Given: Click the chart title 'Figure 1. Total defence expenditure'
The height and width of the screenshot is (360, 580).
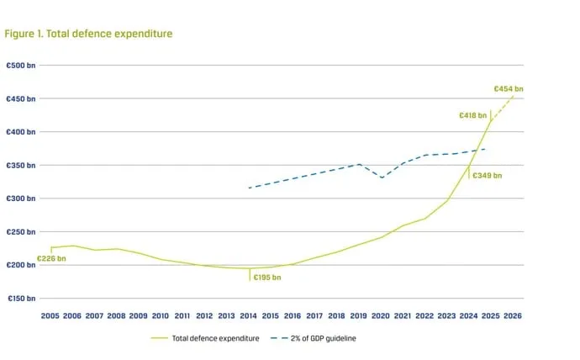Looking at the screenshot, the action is tap(88, 34).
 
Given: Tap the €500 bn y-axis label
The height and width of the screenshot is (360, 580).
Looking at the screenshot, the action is tap(21, 66).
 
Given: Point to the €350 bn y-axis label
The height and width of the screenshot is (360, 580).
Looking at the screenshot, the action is tap(21, 166).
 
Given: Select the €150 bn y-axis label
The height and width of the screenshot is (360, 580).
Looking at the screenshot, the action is tap(22, 299).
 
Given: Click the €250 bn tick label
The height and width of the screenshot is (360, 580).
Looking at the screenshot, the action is tap(21, 232).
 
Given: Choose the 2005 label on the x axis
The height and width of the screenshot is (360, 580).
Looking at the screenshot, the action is tap(50, 316).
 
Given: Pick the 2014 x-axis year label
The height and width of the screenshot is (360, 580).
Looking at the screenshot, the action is tap(248, 316).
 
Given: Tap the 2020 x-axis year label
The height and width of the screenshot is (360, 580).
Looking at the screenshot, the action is tap(381, 316).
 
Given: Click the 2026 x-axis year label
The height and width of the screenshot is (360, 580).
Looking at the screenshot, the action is tap(513, 316).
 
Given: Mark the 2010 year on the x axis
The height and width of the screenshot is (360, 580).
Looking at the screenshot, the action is tap(161, 316).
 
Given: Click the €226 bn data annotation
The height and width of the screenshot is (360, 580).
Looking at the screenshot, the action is tap(51, 258).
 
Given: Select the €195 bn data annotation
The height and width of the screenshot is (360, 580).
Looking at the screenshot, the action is tap(267, 278).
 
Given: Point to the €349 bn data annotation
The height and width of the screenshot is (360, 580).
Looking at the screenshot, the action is tap(488, 176).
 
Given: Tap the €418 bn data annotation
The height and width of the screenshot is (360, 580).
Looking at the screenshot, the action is tap(472, 115).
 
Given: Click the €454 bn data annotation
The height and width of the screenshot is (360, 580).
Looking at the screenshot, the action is tap(509, 89).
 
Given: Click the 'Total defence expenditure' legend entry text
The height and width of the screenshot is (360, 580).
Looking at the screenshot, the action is tap(216, 338).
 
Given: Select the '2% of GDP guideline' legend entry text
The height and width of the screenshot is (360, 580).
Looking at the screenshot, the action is tap(324, 338).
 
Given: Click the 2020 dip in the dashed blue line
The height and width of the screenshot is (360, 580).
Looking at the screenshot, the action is tap(382, 177).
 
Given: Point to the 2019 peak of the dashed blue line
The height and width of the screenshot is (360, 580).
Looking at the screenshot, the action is tap(359, 164).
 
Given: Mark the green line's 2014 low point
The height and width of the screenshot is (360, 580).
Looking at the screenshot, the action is tap(250, 268).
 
